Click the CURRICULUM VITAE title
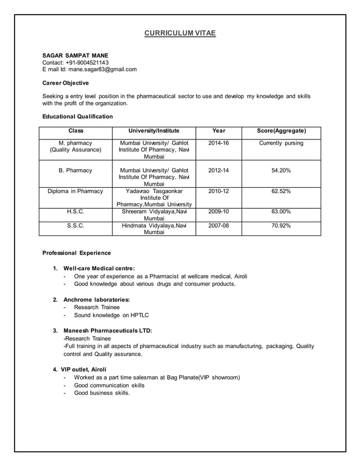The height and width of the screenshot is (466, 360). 180,34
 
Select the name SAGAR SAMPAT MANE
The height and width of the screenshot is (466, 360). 76,55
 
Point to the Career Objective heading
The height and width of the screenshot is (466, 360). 65,83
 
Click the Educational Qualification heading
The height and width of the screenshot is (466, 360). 77,117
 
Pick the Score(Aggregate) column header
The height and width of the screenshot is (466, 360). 281,131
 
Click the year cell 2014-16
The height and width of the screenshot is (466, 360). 218,143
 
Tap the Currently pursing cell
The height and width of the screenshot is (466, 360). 281,143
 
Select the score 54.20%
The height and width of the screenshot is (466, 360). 281,170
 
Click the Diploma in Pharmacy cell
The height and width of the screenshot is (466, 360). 75,191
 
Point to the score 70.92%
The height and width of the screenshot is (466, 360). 281,225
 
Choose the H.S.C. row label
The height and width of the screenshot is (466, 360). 75,212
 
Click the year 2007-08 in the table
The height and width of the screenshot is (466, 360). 218,225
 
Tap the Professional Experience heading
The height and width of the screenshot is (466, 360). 77,252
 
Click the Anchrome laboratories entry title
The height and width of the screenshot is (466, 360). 96,299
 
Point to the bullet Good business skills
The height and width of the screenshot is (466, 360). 102,393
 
